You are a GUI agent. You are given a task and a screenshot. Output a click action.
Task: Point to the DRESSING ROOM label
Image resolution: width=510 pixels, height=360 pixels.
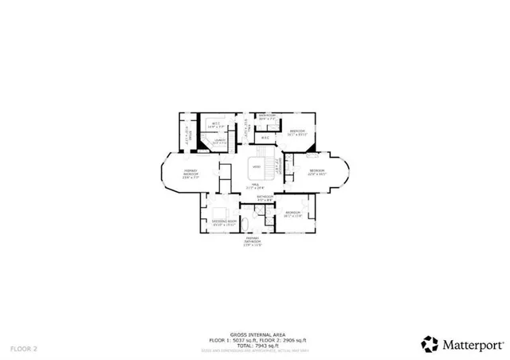[x=225, y=222]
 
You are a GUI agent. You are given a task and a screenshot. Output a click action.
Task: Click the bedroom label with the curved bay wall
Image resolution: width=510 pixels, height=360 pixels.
[x=317, y=172]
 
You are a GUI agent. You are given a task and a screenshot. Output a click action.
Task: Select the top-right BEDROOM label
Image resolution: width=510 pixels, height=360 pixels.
[x=297, y=132]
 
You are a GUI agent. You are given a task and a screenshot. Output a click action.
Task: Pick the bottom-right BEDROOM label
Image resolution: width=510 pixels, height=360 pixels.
[x=293, y=213]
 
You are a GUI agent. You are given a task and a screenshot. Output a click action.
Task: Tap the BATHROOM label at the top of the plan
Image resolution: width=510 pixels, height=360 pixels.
[x=266, y=117]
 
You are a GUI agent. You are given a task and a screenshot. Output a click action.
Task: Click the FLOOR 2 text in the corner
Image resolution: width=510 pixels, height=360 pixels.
[x=24, y=349]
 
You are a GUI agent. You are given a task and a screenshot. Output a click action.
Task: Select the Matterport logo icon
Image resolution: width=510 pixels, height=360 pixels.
[x=430, y=344]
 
